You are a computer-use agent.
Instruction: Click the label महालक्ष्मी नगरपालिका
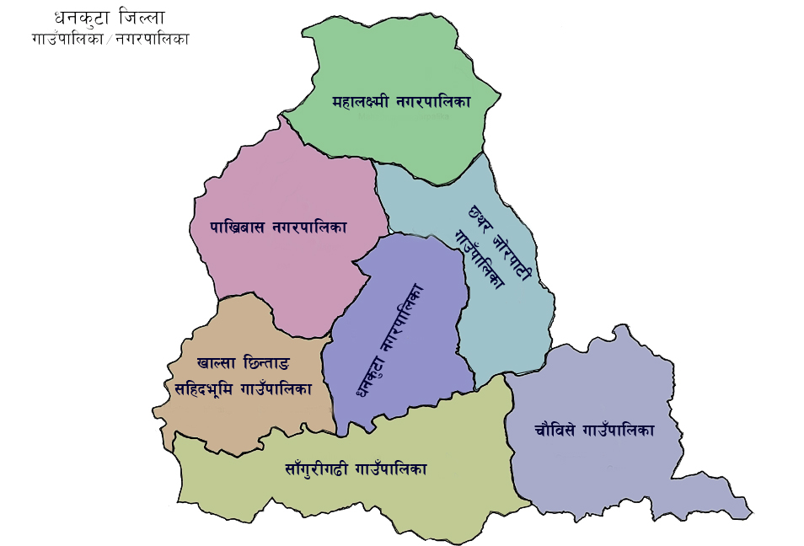point(400,101)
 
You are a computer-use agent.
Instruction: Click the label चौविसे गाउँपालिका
point(594,429)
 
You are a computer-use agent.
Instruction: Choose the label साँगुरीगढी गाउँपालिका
point(356,468)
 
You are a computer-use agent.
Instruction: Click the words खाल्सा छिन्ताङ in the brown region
point(243,363)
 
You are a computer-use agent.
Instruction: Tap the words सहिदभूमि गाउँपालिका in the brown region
point(243,388)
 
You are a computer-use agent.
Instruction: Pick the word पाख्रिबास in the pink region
point(237,227)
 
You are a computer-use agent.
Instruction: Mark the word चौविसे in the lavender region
point(555,429)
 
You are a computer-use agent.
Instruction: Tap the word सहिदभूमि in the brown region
point(202,388)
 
